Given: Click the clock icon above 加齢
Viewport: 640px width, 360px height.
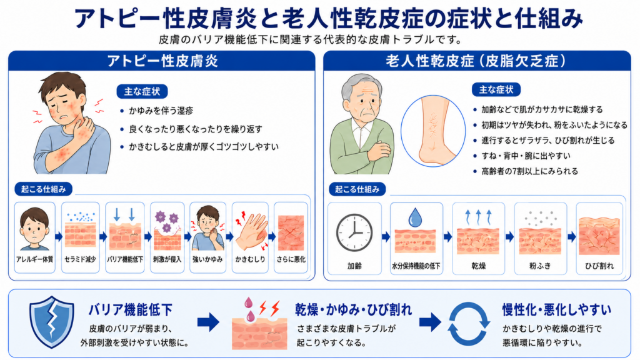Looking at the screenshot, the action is [354, 232].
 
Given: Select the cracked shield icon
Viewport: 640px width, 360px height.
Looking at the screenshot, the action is [52, 322].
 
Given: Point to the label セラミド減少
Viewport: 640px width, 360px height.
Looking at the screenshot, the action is [81, 259].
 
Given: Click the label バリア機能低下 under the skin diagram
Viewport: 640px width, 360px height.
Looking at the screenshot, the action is [125, 259].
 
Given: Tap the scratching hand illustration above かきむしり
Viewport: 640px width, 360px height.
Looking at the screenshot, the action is [250, 231].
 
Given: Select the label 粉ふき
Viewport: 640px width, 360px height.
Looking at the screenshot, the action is [540, 266].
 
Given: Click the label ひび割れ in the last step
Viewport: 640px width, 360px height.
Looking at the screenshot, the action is [599, 266].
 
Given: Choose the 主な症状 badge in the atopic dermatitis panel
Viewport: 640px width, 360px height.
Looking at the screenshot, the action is [142, 91].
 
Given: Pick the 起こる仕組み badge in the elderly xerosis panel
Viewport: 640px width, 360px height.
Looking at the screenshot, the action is [357, 189].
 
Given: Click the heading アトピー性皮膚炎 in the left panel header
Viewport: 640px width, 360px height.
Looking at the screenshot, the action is [162, 61].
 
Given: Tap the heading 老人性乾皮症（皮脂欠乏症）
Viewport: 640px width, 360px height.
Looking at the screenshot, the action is [476, 61].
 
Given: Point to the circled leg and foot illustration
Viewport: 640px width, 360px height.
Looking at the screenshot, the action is [433, 131].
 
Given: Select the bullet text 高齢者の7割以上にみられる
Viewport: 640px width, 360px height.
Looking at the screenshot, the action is [530, 171].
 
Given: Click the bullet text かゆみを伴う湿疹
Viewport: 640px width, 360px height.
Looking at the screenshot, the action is [161, 111].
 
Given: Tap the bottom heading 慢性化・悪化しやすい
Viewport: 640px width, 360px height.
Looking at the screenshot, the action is [557, 310].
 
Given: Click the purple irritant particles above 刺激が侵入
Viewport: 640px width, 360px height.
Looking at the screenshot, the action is [166, 221].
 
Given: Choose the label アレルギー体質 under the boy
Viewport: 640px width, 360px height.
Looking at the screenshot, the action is [35, 259].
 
